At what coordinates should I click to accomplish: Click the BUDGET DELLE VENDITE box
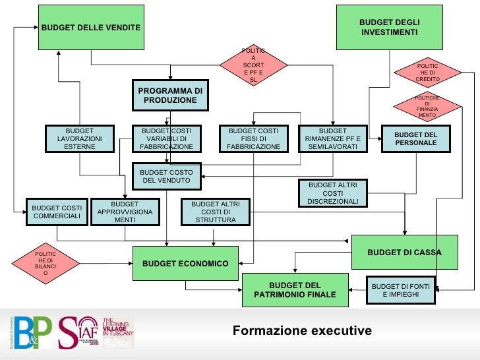(x=91, y=27)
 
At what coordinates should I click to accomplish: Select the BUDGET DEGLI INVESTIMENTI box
(x=389, y=27)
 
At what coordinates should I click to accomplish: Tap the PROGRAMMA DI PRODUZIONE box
(x=170, y=95)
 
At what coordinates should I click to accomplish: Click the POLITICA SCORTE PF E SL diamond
(x=253, y=65)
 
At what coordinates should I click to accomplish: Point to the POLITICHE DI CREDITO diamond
(x=427, y=73)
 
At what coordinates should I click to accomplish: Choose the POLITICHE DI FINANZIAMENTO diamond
(x=427, y=107)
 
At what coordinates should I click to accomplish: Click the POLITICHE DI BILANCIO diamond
(x=45, y=266)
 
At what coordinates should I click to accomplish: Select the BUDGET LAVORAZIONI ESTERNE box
(x=80, y=139)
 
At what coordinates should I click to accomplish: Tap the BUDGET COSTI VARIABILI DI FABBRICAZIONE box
(x=166, y=139)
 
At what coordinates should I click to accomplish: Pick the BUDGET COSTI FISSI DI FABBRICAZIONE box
(x=253, y=139)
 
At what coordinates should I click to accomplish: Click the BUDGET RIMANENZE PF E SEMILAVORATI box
(x=332, y=139)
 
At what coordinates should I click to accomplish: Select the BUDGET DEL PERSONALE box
(x=416, y=139)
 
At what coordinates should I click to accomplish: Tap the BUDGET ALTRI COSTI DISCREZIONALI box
(x=332, y=193)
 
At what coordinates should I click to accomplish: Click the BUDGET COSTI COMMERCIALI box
(x=57, y=212)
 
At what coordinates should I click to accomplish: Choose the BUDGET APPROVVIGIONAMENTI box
(x=125, y=212)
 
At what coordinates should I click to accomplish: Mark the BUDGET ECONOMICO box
(x=185, y=264)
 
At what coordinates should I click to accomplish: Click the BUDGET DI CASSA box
(x=404, y=252)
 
